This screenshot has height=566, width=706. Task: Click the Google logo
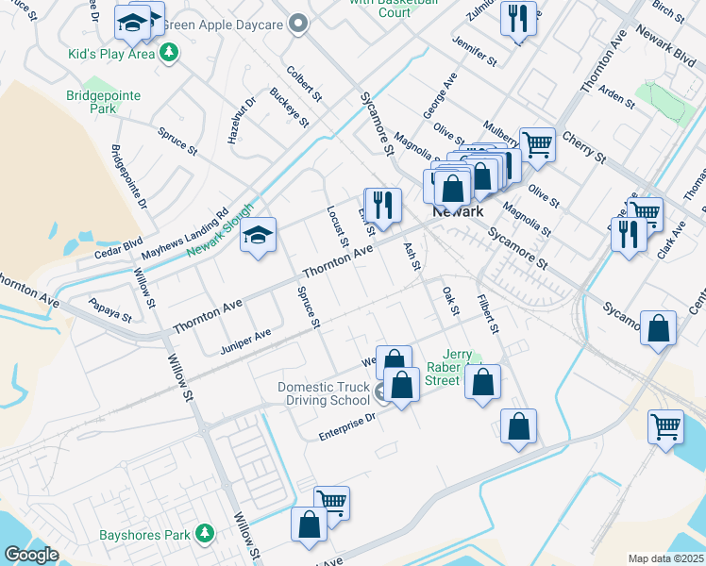(31, 555)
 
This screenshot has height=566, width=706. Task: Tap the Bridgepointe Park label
(104, 102)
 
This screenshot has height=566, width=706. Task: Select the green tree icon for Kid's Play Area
(170, 54)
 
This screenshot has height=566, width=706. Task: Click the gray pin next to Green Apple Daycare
(300, 24)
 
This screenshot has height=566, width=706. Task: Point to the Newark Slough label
(221, 230)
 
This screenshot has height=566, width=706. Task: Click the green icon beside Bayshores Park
(204, 536)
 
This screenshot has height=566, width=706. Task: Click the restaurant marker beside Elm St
(382, 204)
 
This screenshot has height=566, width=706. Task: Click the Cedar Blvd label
(117, 248)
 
